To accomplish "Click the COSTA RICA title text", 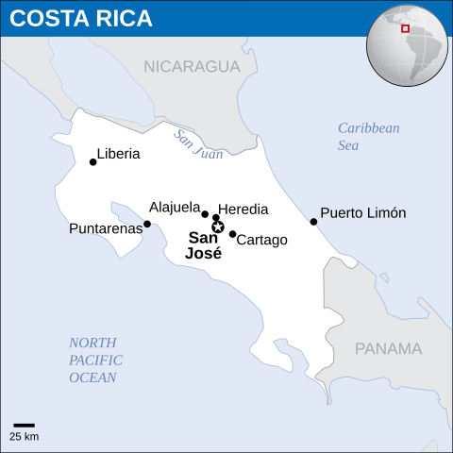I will click(82, 20).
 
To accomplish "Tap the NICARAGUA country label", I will click(193, 66).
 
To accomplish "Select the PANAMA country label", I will click(388, 348).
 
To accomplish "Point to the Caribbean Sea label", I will click(369, 137).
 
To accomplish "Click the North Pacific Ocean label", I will click(94, 360).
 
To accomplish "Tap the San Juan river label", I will click(198, 143).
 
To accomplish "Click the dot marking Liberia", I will click(92, 162).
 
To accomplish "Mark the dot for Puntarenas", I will click(146, 224).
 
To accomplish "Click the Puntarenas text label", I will click(106, 228).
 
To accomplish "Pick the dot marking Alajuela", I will click(205, 214).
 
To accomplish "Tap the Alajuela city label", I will click(175, 207).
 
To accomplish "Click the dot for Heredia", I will click(216, 218).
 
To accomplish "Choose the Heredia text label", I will click(243, 210).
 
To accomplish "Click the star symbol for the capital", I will click(218, 226).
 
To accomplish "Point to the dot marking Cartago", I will click(232, 234).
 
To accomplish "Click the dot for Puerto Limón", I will click(313, 222).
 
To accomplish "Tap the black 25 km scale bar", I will click(24, 426).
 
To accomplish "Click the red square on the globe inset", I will click(405, 28).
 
